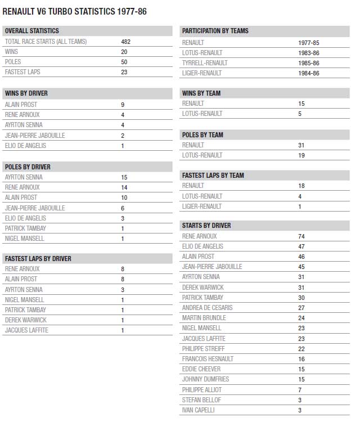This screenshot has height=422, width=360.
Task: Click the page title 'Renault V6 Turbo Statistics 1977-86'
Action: pyautogui.click(x=74, y=11)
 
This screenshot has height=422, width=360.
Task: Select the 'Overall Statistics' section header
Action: pyautogui.click(x=31, y=31)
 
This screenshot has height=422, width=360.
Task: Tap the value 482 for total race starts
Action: pyautogui.click(x=126, y=42)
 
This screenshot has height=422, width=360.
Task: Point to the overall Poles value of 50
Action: pyautogui.click(x=124, y=62)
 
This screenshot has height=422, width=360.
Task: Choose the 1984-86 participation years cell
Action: pyautogui.click(x=309, y=73)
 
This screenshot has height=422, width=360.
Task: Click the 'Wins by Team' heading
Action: pyautogui.click(x=201, y=93)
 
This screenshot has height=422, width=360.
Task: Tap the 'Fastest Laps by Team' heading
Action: pyautogui.click(x=213, y=176)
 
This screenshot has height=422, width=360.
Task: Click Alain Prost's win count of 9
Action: pyautogui.click(x=123, y=105)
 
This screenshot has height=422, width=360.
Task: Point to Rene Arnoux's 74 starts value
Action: pyautogui.click(x=302, y=236)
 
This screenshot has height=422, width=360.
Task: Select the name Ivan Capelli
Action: pyautogui.click(x=198, y=410)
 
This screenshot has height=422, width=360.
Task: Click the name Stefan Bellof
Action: pyautogui.click(x=201, y=400)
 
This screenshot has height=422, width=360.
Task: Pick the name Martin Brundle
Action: pyautogui.click(x=204, y=318)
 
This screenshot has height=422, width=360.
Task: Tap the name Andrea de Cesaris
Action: pyautogui.click(x=207, y=308)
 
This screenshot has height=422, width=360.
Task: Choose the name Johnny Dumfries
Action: pyautogui.click(x=205, y=379)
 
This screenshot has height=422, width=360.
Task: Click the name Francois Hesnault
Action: pyautogui.click(x=208, y=359)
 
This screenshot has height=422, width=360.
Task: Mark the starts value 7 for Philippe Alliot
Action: pyautogui.click(x=300, y=390)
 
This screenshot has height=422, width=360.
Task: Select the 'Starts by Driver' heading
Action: pyautogui.click(x=206, y=226)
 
